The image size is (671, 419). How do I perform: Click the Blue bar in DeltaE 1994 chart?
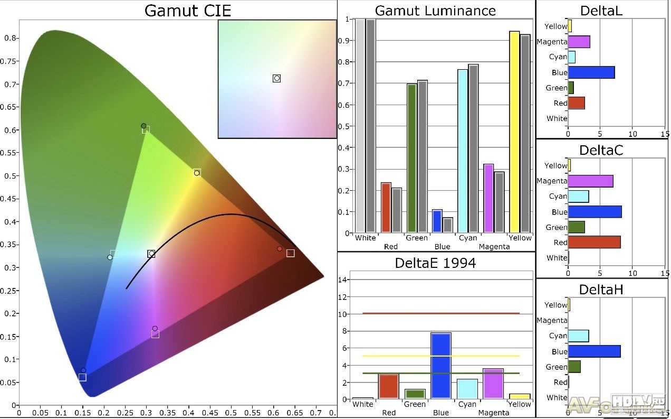coord(441,366)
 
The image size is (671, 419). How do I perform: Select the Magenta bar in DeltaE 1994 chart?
coord(493,384)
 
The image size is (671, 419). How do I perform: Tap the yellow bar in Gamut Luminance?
coord(514,132)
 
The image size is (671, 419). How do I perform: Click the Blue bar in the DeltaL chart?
coord(591,72)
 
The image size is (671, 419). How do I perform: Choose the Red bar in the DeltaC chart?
coord(594,243)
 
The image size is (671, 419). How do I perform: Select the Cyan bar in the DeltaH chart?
coord(578,336)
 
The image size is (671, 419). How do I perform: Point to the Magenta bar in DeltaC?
coord(590,181)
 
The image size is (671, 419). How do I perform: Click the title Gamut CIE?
coord(187,11)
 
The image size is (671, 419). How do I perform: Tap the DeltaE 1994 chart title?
coord(435,263)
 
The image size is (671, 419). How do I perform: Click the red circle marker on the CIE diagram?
coord(280,248)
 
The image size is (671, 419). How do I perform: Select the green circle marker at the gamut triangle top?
coord(143,126)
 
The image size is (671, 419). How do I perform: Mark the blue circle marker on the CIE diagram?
coord(83,370)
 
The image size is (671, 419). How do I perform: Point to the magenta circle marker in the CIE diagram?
coord(155,329)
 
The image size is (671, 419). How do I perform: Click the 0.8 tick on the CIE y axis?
coord(11,38)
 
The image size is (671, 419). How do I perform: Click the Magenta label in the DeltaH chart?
coord(551,320)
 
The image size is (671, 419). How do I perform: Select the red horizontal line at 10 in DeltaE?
coord(441,313)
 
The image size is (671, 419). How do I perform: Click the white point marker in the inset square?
coord(276,78)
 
